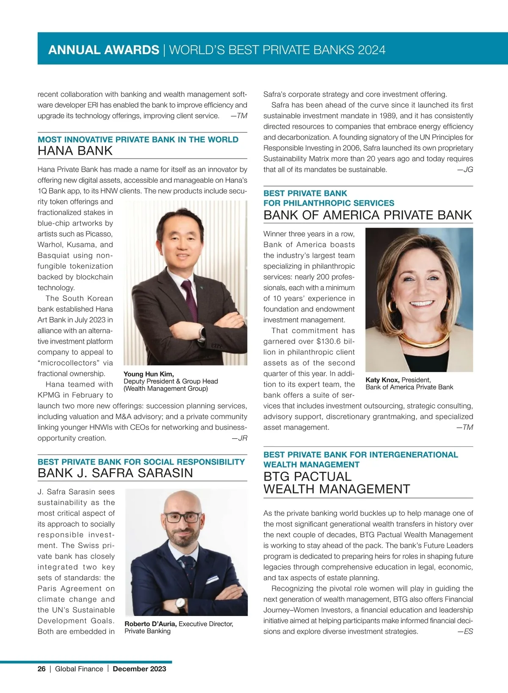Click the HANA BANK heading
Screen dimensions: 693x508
click(x=75, y=151)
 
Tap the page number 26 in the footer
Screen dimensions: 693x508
click(x=41, y=669)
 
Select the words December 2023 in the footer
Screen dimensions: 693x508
click(x=139, y=669)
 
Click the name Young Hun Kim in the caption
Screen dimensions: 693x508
click(x=148, y=374)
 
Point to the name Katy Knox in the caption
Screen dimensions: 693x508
click(x=382, y=380)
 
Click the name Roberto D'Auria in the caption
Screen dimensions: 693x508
click(x=150, y=624)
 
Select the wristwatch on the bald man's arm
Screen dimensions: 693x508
click(x=181, y=605)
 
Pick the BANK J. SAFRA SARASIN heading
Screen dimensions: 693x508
click(x=115, y=473)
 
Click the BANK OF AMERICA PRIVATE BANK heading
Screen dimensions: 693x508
click(x=367, y=215)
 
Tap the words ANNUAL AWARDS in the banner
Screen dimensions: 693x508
click(x=104, y=50)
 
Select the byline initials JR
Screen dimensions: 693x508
click(x=242, y=438)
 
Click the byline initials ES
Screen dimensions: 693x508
click(x=468, y=632)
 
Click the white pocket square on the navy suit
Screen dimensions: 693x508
click(x=213, y=578)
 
